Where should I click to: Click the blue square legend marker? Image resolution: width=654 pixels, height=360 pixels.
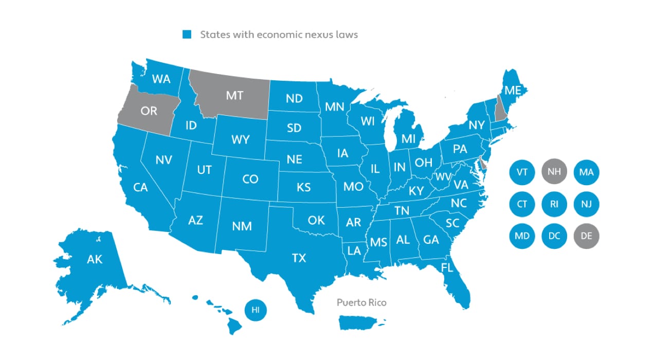point(187,35)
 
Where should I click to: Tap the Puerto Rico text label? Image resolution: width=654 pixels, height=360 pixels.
point(361,302)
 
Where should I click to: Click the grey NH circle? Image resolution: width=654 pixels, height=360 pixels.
point(554,172)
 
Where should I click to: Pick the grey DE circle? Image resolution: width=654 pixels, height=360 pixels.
point(586,236)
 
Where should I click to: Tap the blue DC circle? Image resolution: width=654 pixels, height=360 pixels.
point(554,236)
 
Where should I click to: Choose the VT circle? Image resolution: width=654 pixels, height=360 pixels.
point(522,172)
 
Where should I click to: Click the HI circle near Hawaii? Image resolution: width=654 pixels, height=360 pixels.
point(256,310)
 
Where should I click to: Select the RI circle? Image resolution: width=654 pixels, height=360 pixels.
point(554,204)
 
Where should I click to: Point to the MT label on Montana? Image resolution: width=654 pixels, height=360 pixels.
point(234,95)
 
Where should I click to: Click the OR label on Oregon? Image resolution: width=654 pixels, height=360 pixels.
point(150,110)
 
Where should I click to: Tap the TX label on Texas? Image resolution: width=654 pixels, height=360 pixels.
point(299,258)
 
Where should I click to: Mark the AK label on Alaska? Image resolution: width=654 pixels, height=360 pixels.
point(95,259)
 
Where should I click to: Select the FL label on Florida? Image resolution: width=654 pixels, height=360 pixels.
point(447,267)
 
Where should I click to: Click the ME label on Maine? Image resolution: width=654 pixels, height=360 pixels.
point(513,91)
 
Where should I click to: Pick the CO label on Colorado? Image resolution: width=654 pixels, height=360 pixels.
point(250,179)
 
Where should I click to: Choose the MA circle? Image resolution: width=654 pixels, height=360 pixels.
point(586,172)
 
